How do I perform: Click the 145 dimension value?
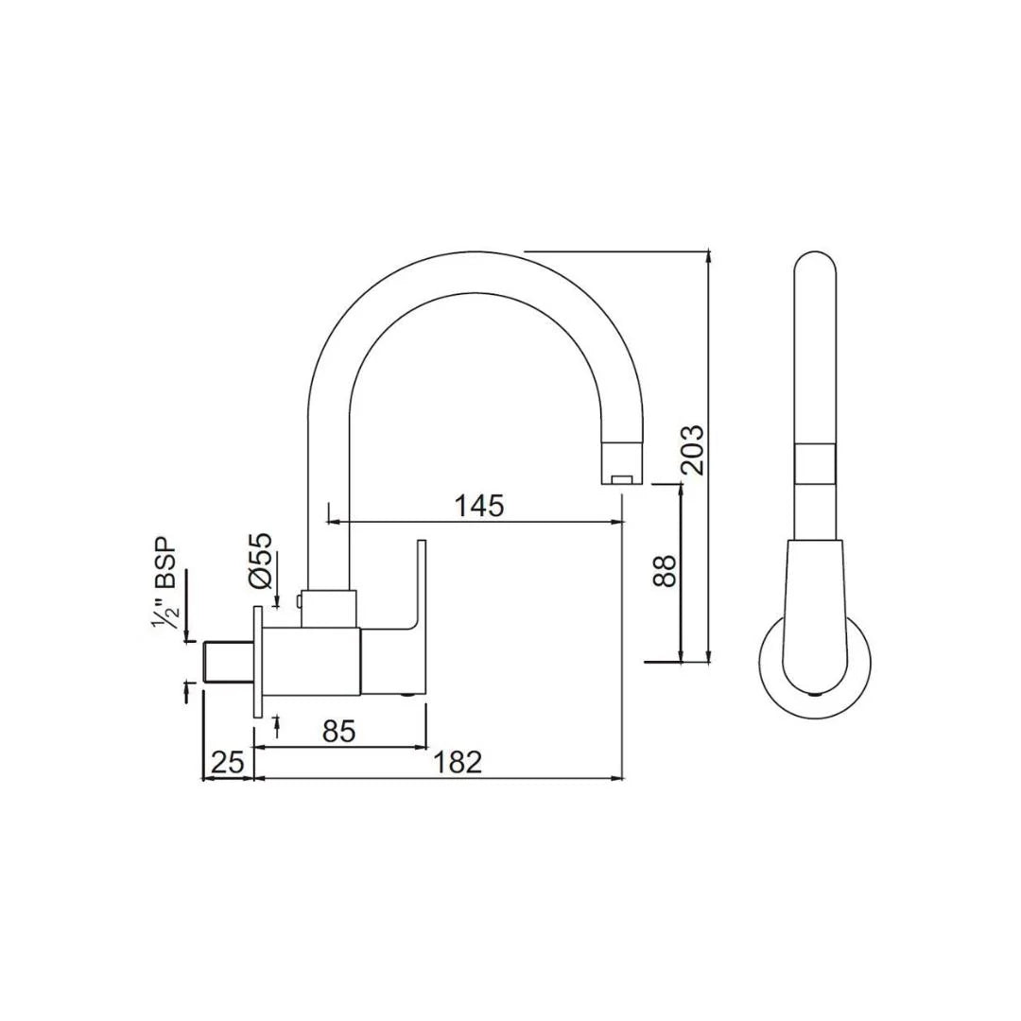(479, 506)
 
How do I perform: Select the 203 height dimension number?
(693, 450)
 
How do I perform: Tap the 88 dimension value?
(666, 571)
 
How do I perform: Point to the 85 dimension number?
(338, 731)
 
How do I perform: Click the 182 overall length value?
(459, 762)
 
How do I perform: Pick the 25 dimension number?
(227, 762)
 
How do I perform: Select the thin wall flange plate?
(256, 663)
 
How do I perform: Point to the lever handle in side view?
(420, 586)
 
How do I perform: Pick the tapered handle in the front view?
(814, 605)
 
